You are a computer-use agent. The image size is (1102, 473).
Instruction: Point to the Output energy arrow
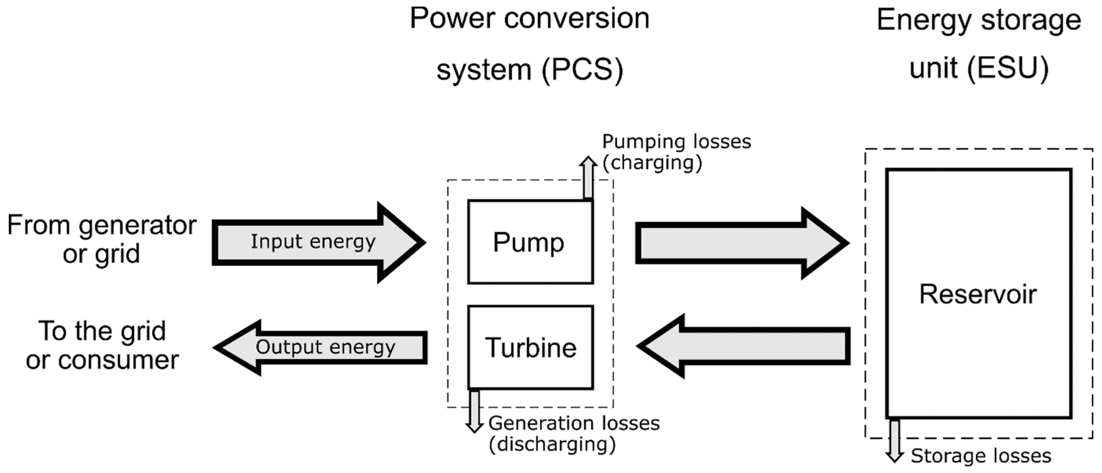[x=321, y=347]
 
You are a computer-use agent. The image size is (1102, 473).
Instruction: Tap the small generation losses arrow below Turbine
[x=474, y=411]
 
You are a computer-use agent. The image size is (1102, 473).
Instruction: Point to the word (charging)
[x=652, y=163]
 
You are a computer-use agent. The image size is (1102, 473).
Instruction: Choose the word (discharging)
[x=552, y=445]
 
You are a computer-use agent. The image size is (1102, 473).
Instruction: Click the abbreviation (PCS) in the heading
[x=582, y=69]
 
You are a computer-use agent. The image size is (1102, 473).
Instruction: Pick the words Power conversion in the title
[x=529, y=19]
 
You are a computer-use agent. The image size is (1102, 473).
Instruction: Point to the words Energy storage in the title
[x=979, y=20]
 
